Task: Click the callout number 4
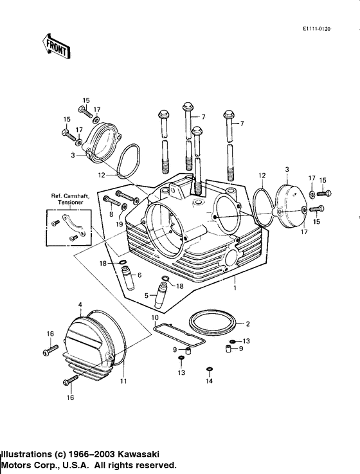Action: click(80, 304)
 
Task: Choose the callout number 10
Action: click(154, 317)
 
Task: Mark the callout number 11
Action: click(123, 381)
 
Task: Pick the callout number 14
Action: click(209, 381)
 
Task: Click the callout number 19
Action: click(120, 224)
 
